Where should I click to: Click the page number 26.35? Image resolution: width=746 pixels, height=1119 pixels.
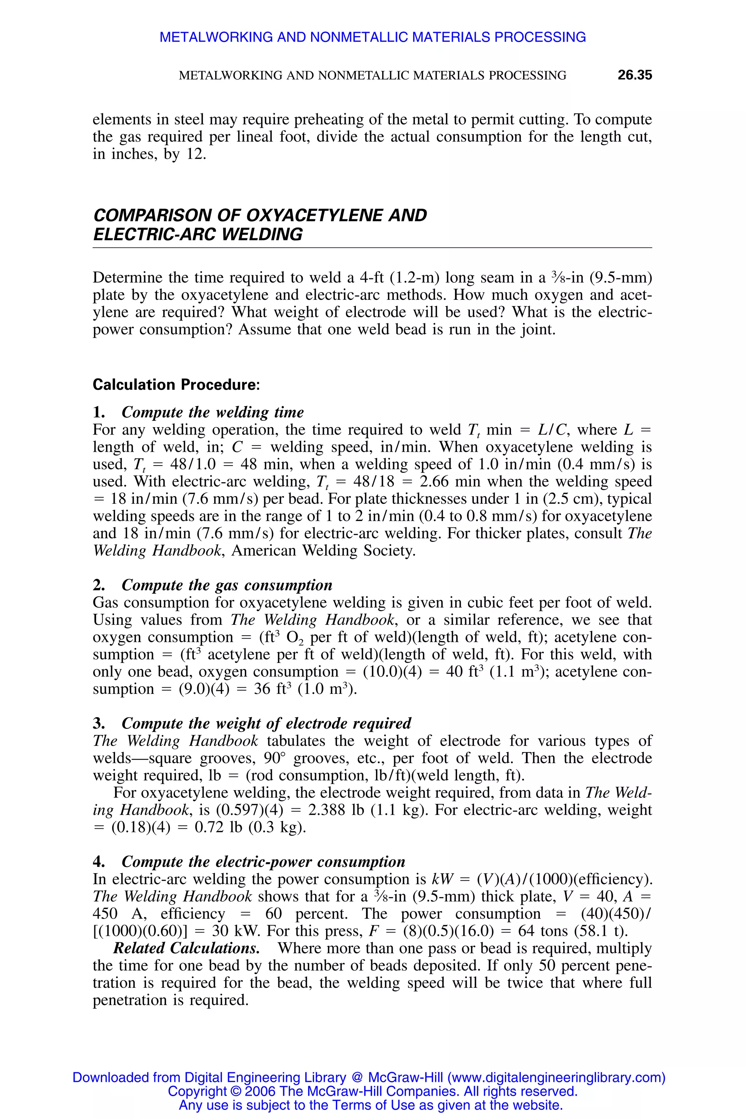pos(634,75)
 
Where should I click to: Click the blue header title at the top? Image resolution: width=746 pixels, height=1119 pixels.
pos(373,37)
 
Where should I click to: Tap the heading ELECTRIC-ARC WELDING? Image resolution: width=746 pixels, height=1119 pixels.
pos(197,234)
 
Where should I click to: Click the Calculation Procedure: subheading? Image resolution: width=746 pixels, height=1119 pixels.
pos(176,384)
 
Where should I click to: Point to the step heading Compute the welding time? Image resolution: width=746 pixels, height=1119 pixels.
pos(212,412)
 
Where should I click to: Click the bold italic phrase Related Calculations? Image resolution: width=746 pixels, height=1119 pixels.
pos(186,948)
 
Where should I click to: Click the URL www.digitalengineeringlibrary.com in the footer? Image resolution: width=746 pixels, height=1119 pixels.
pos(556,1077)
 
